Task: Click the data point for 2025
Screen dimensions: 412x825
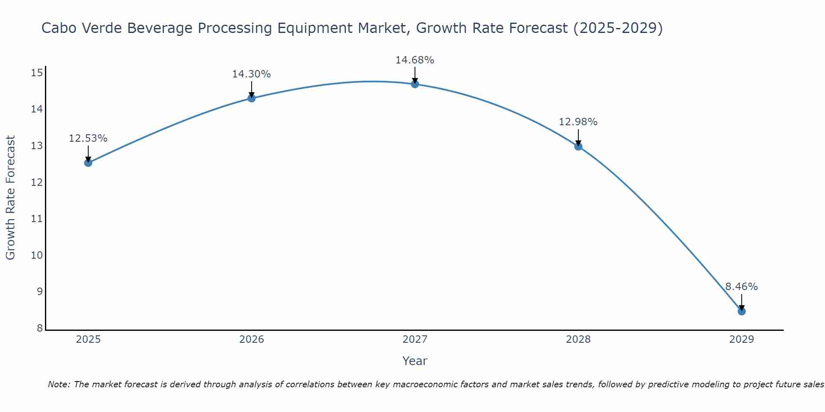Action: click(x=88, y=163)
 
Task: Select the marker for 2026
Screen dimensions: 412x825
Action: click(x=251, y=98)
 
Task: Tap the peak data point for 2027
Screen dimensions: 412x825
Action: click(x=415, y=84)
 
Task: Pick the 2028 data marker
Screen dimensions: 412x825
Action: click(x=578, y=146)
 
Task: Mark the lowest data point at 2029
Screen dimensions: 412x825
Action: click(x=741, y=311)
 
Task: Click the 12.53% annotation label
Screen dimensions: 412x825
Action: click(x=88, y=138)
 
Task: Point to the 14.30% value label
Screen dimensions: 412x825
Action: click(x=251, y=74)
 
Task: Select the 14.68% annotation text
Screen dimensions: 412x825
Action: click(x=415, y=60)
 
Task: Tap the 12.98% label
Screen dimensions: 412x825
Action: click(x=578, y=122)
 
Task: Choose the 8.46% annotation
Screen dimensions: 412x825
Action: click(x=741, y=287)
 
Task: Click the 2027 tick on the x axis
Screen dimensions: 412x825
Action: click(x=415, y=339)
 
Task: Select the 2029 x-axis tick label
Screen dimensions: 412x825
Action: click(x=741, y=339)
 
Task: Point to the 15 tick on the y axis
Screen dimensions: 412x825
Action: click(x=37, y=73)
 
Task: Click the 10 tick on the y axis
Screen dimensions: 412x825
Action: click(x=37, y=255)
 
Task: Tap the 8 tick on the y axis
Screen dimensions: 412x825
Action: click(x=40, y=328)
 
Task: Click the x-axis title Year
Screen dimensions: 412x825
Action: click(x=415, y=361)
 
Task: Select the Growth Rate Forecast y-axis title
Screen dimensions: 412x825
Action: click(x=10, y=198)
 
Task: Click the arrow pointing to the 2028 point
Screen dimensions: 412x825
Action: click(x=578, y=137)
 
